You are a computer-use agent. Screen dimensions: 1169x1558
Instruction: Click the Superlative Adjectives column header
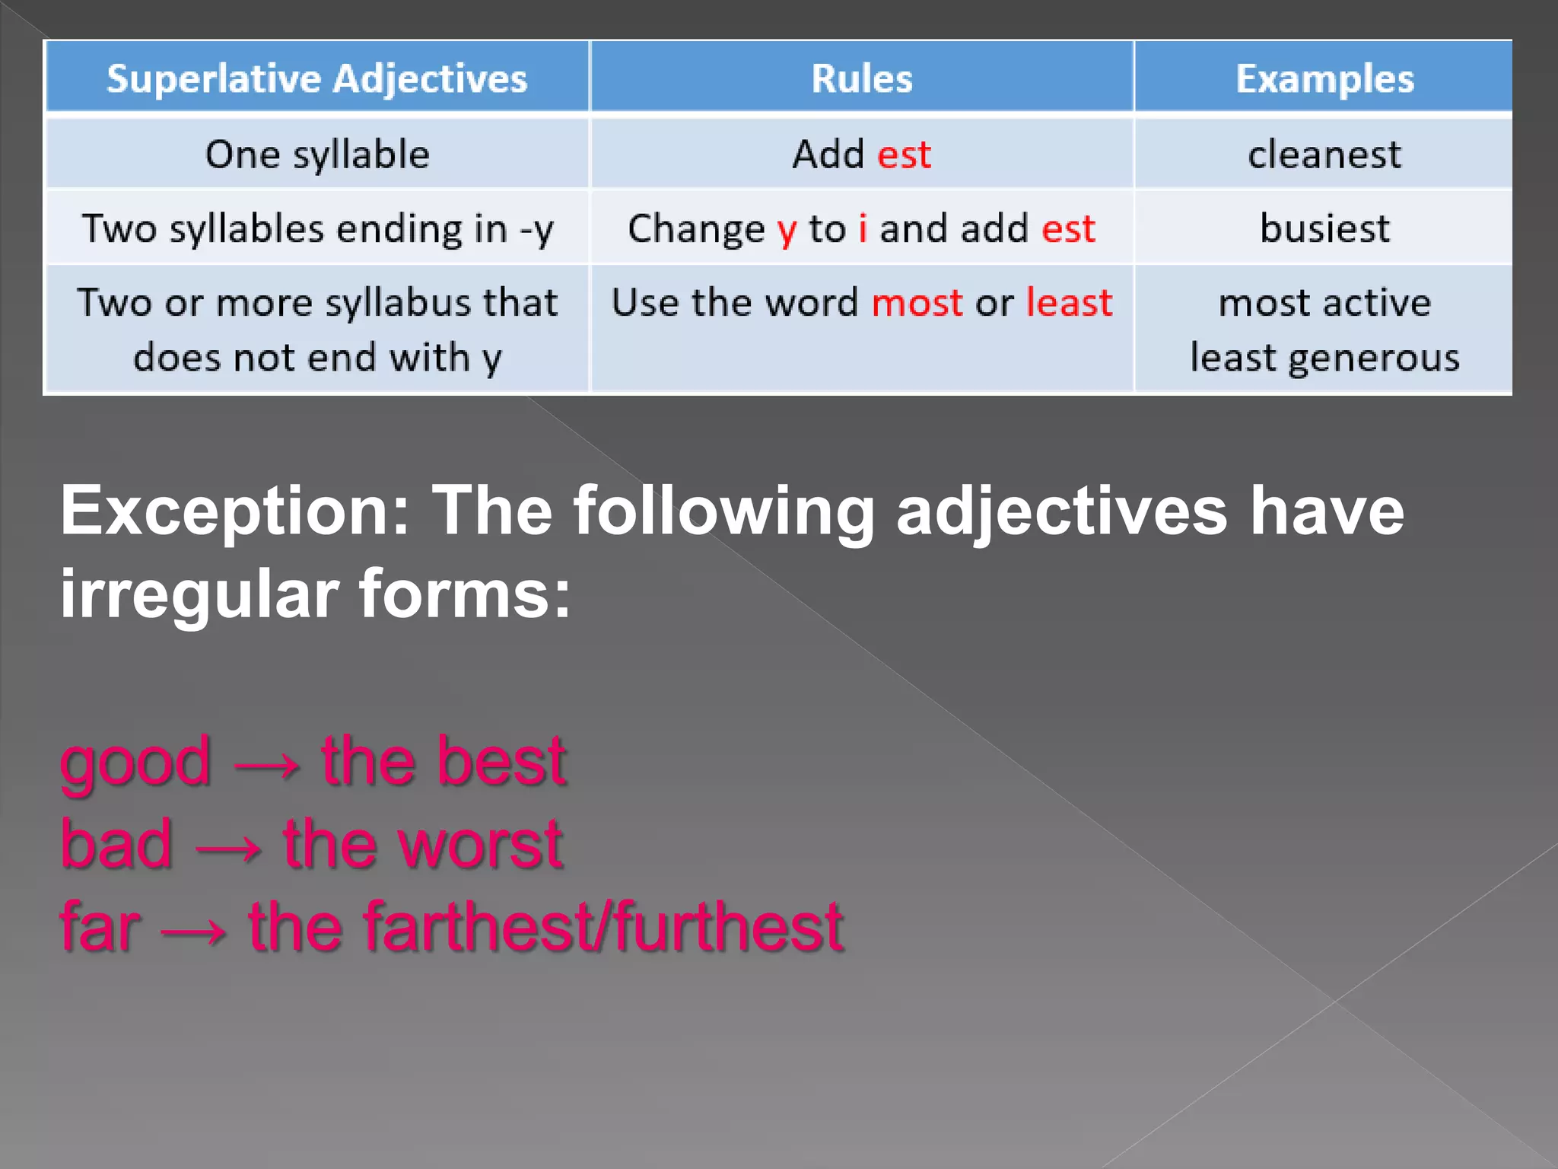316,78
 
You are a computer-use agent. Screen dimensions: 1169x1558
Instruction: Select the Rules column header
861,78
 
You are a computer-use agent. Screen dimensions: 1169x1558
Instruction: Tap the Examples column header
1324,78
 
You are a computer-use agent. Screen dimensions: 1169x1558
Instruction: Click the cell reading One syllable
317,154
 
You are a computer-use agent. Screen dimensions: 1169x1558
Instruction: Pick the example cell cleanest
1324,154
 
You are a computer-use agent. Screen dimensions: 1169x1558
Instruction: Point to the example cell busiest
1324,228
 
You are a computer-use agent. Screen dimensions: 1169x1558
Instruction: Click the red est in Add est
904,154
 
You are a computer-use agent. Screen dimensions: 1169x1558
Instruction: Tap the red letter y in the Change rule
787,230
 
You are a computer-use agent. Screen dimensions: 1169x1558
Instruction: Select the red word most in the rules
917,303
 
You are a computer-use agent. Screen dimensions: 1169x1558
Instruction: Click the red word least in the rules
1069,303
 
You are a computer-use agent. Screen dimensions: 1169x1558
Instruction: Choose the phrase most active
1324,303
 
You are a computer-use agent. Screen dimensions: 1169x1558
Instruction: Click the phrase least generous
1324,358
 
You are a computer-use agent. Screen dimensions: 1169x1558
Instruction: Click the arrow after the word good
266,764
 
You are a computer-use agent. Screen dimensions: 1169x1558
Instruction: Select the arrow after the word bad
228,847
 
